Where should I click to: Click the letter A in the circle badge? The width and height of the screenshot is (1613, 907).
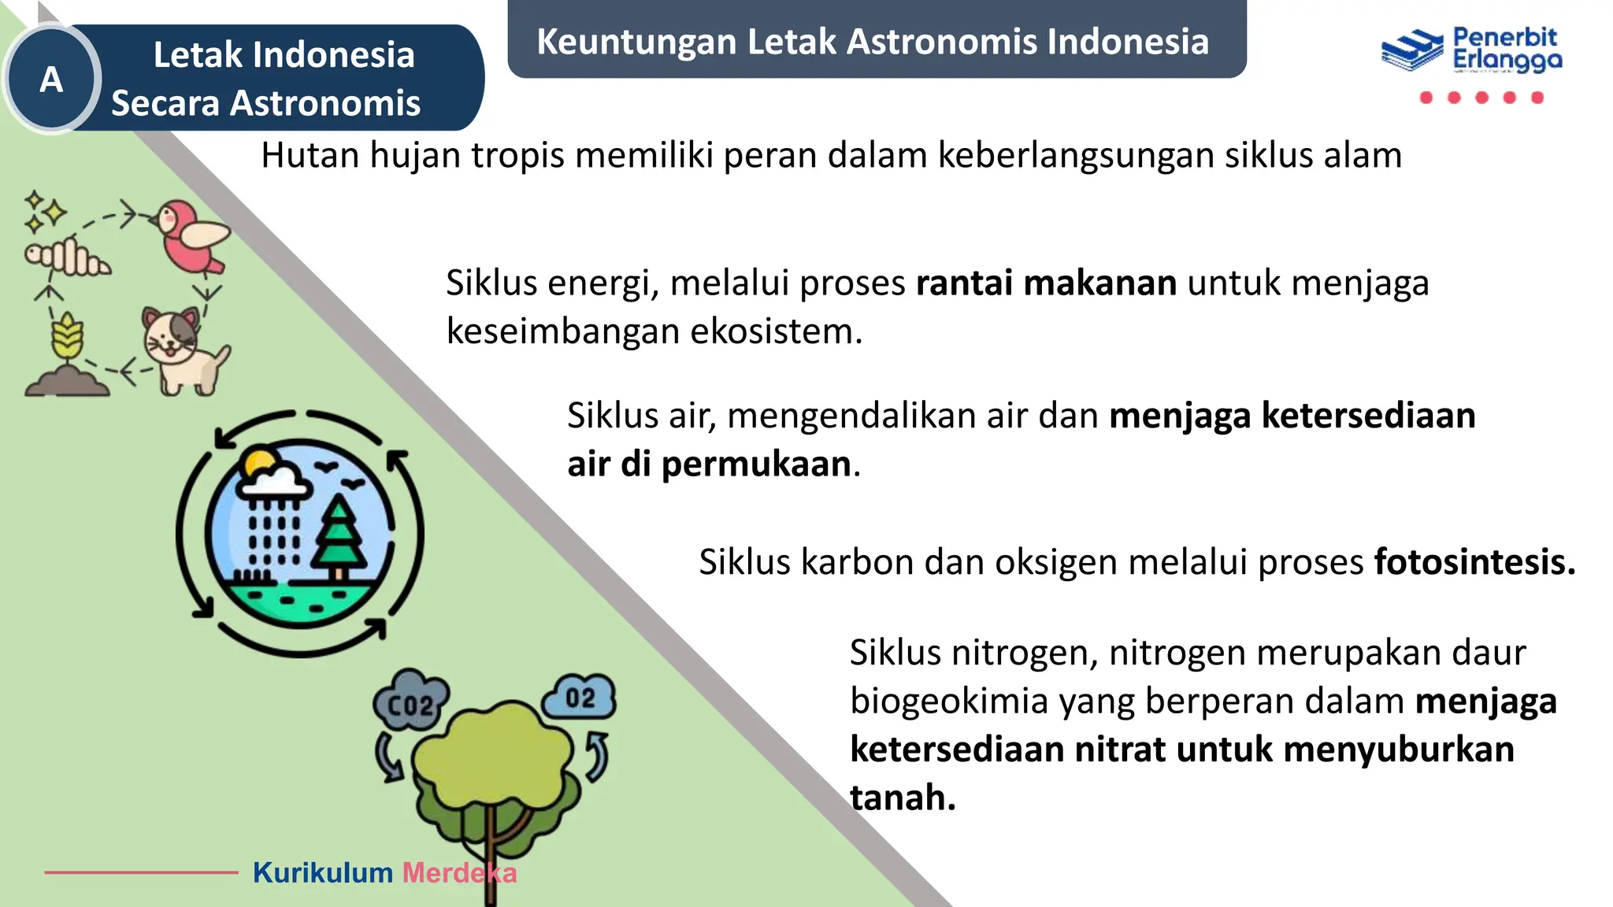point(51,80)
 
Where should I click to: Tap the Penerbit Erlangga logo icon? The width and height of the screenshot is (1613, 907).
point(1411,50)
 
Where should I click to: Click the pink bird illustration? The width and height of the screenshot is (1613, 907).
point(191,235)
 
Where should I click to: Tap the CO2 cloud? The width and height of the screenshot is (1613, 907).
point(410,701)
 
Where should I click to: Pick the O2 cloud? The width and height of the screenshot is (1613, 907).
point(580,697)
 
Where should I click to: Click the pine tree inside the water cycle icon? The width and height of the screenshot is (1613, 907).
point(339,535)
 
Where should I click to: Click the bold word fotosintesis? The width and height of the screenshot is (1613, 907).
point(1474,562)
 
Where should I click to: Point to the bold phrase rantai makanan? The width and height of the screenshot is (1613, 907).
point(1046,283)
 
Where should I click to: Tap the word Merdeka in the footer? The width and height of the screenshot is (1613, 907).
point(459,872)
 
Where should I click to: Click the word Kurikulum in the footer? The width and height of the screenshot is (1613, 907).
point(323,872)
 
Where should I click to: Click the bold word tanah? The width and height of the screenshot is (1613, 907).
point(903,798)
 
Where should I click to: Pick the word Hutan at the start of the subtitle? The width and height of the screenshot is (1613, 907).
point(310,155)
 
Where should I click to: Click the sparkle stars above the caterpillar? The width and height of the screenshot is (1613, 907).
point(44,212)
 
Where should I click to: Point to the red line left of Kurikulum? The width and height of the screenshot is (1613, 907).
point(141,872)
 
